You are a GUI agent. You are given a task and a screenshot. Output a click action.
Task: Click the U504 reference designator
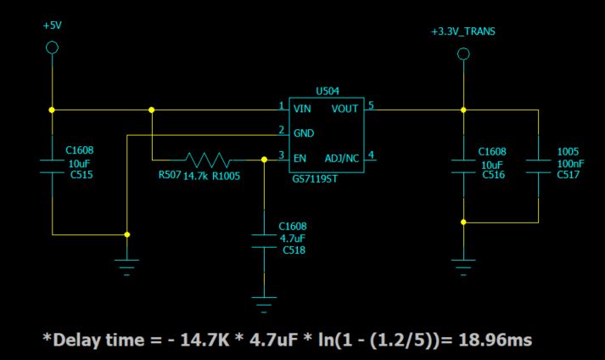pos(327,90)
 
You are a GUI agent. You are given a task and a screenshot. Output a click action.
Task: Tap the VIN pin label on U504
pos(302,109)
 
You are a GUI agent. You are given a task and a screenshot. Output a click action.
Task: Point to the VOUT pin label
pos(345,109)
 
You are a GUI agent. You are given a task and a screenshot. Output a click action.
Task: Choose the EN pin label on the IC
pos(300,158)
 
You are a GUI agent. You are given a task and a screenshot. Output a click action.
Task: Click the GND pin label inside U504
pos(303,133)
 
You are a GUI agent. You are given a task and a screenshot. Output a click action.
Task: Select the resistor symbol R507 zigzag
pos(207,159)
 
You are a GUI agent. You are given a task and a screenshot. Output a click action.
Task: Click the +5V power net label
pos(52,25)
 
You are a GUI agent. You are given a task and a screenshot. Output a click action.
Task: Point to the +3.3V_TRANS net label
pos(463,32)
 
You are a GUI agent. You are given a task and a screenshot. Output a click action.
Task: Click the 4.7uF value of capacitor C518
pos(291,239)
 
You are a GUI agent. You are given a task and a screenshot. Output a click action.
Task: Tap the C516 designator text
pos(493,175)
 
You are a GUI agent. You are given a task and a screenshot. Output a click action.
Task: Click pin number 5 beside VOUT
pos(371,106)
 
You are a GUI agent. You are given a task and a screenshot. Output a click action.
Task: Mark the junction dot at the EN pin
pos(265,159)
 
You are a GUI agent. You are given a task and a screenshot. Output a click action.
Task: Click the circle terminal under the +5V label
pos(52,48)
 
